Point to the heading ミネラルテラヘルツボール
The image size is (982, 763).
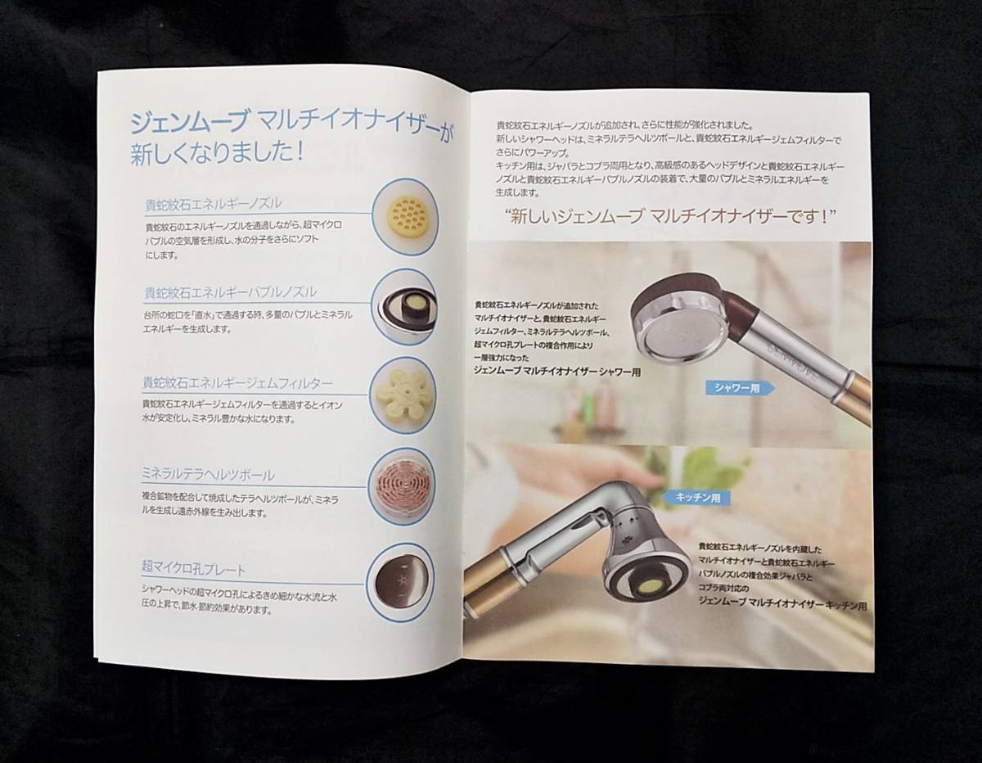pos(208,475)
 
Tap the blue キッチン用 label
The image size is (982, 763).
pos(692,497)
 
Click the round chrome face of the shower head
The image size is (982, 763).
pos(678,333)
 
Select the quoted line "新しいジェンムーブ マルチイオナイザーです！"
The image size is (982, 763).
pos(669,219)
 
